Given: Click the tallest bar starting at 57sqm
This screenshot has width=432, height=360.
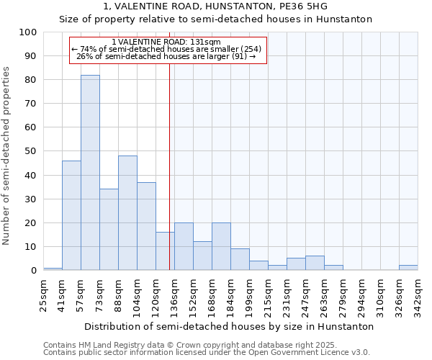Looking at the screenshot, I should point(90,173).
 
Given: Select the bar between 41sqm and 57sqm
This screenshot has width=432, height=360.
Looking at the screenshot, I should point(71,215).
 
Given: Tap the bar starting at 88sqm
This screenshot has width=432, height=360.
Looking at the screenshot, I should point(127,213).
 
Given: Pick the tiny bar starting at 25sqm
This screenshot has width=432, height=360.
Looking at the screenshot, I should point(53,269).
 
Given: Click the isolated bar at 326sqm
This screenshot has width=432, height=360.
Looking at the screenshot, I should point(408,267).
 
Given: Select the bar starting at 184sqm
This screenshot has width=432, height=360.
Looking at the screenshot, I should point(240,259).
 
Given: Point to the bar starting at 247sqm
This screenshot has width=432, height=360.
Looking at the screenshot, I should point(315,263).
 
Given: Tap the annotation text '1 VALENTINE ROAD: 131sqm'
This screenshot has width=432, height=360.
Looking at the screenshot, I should point(167,42).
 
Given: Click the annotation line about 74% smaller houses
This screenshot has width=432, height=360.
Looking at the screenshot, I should point(167,49).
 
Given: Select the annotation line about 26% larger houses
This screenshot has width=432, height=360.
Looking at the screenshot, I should point(167,56).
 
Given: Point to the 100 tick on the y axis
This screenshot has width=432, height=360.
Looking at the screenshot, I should point(28,32).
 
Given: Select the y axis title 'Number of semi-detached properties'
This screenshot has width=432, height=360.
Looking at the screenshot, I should point(7,155).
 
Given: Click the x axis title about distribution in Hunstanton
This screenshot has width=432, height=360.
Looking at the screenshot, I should point(229,326).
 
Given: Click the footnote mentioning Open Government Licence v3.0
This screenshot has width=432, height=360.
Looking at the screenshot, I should point(207,353).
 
